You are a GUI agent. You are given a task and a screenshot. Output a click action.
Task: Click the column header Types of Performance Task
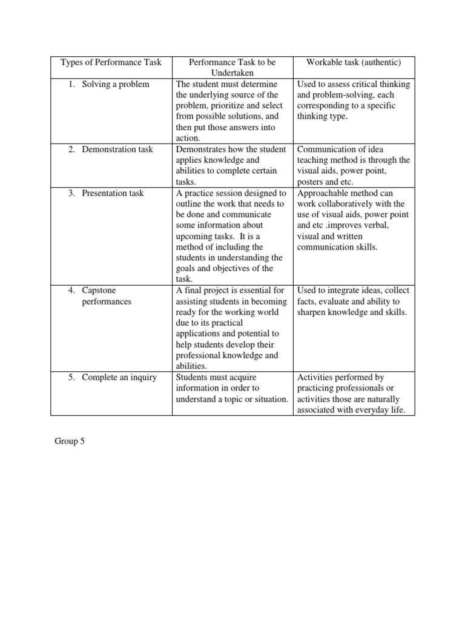111,62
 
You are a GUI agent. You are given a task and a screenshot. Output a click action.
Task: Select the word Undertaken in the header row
232,73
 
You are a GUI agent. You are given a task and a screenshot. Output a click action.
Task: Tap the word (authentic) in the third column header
379,62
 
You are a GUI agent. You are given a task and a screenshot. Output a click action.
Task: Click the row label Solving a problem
115,84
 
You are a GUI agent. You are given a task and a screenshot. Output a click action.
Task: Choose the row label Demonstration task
117,150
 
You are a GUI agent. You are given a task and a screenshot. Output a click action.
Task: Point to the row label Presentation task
113,193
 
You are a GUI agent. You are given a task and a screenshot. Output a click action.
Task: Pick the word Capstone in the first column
98,291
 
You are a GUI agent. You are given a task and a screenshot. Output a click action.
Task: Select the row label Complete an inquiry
119,378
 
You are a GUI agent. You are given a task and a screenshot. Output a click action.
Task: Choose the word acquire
251,378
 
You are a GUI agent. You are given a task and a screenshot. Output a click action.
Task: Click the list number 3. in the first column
71,193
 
